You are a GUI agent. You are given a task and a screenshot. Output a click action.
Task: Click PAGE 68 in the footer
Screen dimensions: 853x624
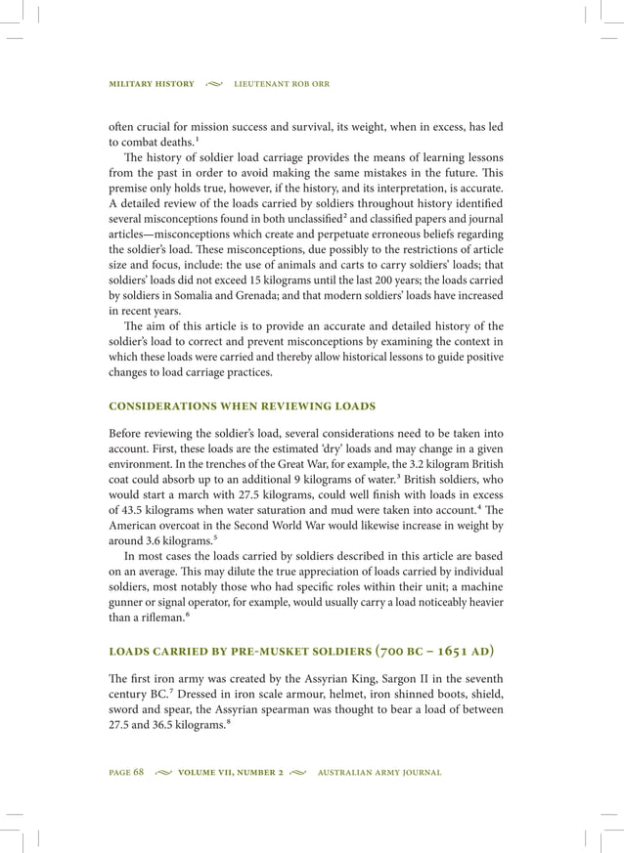[126, 773]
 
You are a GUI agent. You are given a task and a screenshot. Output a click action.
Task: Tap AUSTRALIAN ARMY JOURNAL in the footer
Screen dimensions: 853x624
[380, 773]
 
